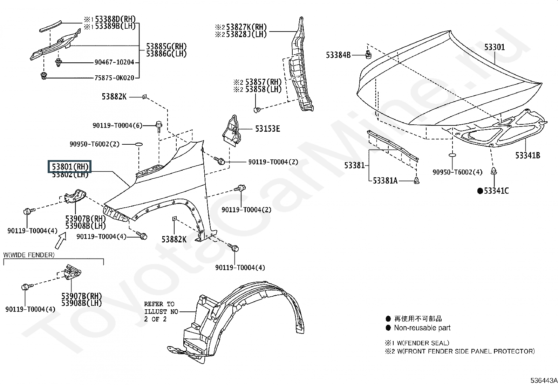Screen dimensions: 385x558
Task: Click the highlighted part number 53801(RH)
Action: pos(70,166)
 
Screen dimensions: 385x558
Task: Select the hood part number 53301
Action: pos(495,47)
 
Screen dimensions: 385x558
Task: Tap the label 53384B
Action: pos(338,55)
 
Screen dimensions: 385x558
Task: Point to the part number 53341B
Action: pos(528,155)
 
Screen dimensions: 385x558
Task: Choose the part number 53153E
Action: pos(267,129)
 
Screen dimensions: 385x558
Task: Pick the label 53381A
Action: pos(385,181)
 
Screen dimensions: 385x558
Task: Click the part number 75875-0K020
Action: pos(114,78)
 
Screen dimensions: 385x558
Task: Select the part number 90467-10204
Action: pos(114,62)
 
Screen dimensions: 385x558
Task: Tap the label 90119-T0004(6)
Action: pos(117,125)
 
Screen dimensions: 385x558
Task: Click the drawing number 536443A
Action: pos(543,380)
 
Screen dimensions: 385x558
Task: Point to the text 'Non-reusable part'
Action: pos(422,328)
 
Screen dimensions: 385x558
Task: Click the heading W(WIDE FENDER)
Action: pos(29,255)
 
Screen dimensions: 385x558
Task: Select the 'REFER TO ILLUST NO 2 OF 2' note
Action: pos(161,311)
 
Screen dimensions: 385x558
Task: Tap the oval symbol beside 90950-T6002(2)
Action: pos(138,144)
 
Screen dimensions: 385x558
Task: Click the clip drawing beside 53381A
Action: pos(416,180)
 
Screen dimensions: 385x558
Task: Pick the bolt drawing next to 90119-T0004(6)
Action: pos(159,125)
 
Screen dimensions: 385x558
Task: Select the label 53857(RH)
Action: pos(263,82)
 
